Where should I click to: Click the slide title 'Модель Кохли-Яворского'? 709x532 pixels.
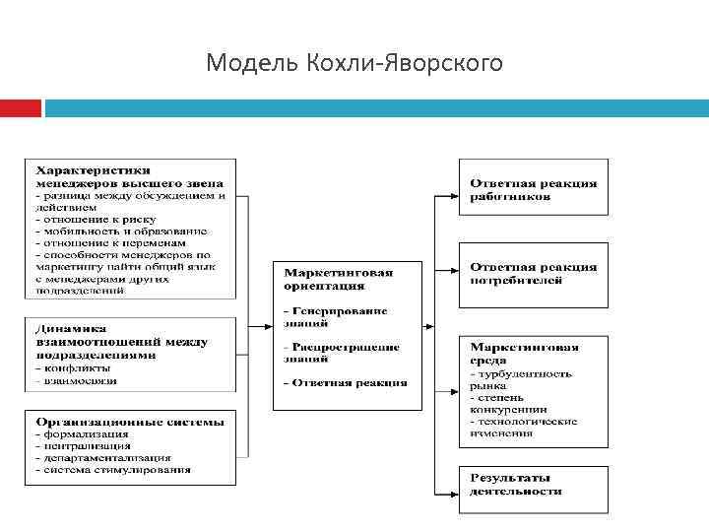point(354,64)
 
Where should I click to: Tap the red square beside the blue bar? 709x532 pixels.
point(20,107)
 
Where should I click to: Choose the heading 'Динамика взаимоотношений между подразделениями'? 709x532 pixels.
point(121,341)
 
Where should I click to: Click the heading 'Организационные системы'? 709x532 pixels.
point(129,421)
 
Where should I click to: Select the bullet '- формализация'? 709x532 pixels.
point(82,433)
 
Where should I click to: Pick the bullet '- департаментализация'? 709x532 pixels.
point(102,457)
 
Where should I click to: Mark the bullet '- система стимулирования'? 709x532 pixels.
point(112,470)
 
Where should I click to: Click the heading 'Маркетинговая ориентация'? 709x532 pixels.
point(338,279)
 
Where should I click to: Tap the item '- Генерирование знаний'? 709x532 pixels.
point(335,316)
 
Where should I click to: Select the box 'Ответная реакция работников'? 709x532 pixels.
point(533,187)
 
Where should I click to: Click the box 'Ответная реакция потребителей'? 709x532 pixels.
point(533,273)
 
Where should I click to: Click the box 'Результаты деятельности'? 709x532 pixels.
point(533,486)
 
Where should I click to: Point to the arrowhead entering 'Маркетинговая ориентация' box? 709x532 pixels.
point(268,325)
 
